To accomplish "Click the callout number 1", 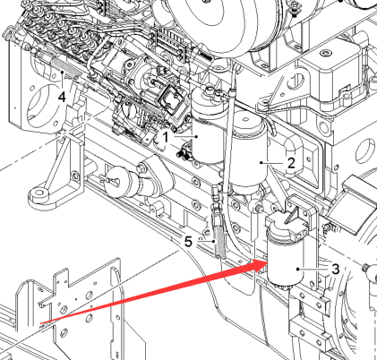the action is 166,137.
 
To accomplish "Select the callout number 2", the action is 291,163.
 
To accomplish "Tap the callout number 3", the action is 336,269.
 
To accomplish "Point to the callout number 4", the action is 62,97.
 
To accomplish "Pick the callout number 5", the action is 188,241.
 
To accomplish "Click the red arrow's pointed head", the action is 266,261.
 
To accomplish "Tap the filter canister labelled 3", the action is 285,257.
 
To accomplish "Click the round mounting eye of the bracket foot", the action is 39,193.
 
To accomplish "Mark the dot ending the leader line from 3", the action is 298,269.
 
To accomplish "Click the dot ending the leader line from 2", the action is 261,163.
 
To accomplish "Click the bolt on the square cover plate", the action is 326,53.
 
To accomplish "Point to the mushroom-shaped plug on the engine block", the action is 119,183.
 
